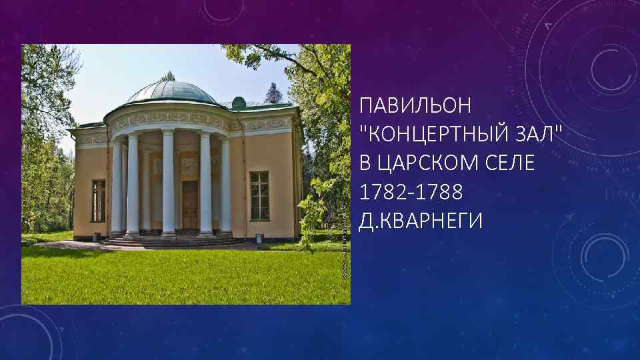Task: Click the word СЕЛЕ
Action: (x=511, y=163)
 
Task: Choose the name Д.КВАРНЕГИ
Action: (x=419, y=221)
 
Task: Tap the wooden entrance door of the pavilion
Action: (x=190, y=203)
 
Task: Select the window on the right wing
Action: (x=259, y=195)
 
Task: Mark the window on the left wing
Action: (x=99, y=200)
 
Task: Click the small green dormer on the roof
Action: (x=238, y=103)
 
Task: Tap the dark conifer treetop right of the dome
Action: (x=273, y=93)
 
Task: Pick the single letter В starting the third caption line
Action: (x=365, y=163)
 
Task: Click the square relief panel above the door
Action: (x=189, y=164)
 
